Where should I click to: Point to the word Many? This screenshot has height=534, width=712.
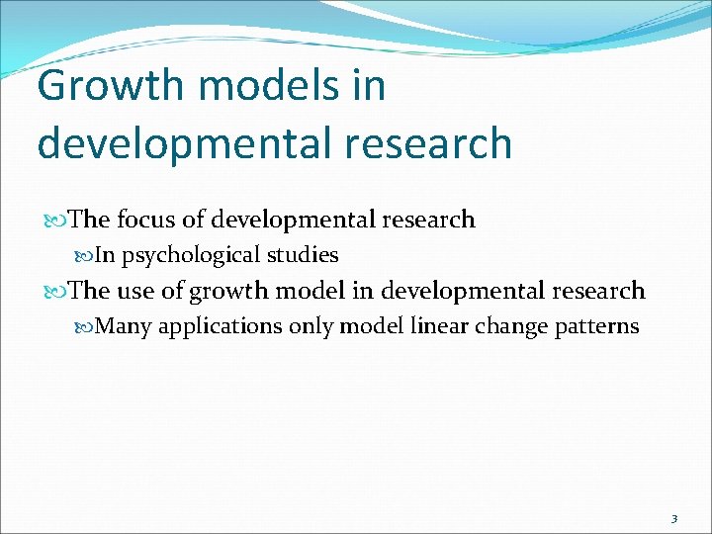[x=126, y=326]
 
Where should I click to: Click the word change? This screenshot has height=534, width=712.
[x=521, y=327]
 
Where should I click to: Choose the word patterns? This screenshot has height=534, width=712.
[x=601, y=327]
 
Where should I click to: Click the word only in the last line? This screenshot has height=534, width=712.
[x=310, y=327]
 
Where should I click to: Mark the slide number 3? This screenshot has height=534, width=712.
[x=673, y=518]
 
